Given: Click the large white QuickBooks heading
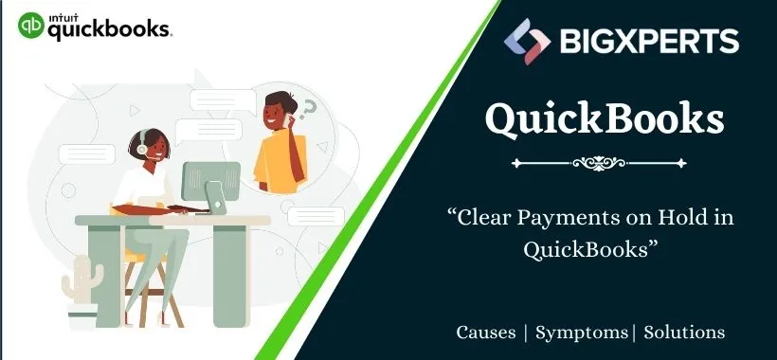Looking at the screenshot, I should click(605, 119).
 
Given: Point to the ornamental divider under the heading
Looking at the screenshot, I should click(605, 163).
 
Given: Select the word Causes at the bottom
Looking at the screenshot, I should click(486, 333).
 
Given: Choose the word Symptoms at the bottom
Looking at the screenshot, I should click(582, 333).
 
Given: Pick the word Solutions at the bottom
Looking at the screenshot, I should click(684, 333).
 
